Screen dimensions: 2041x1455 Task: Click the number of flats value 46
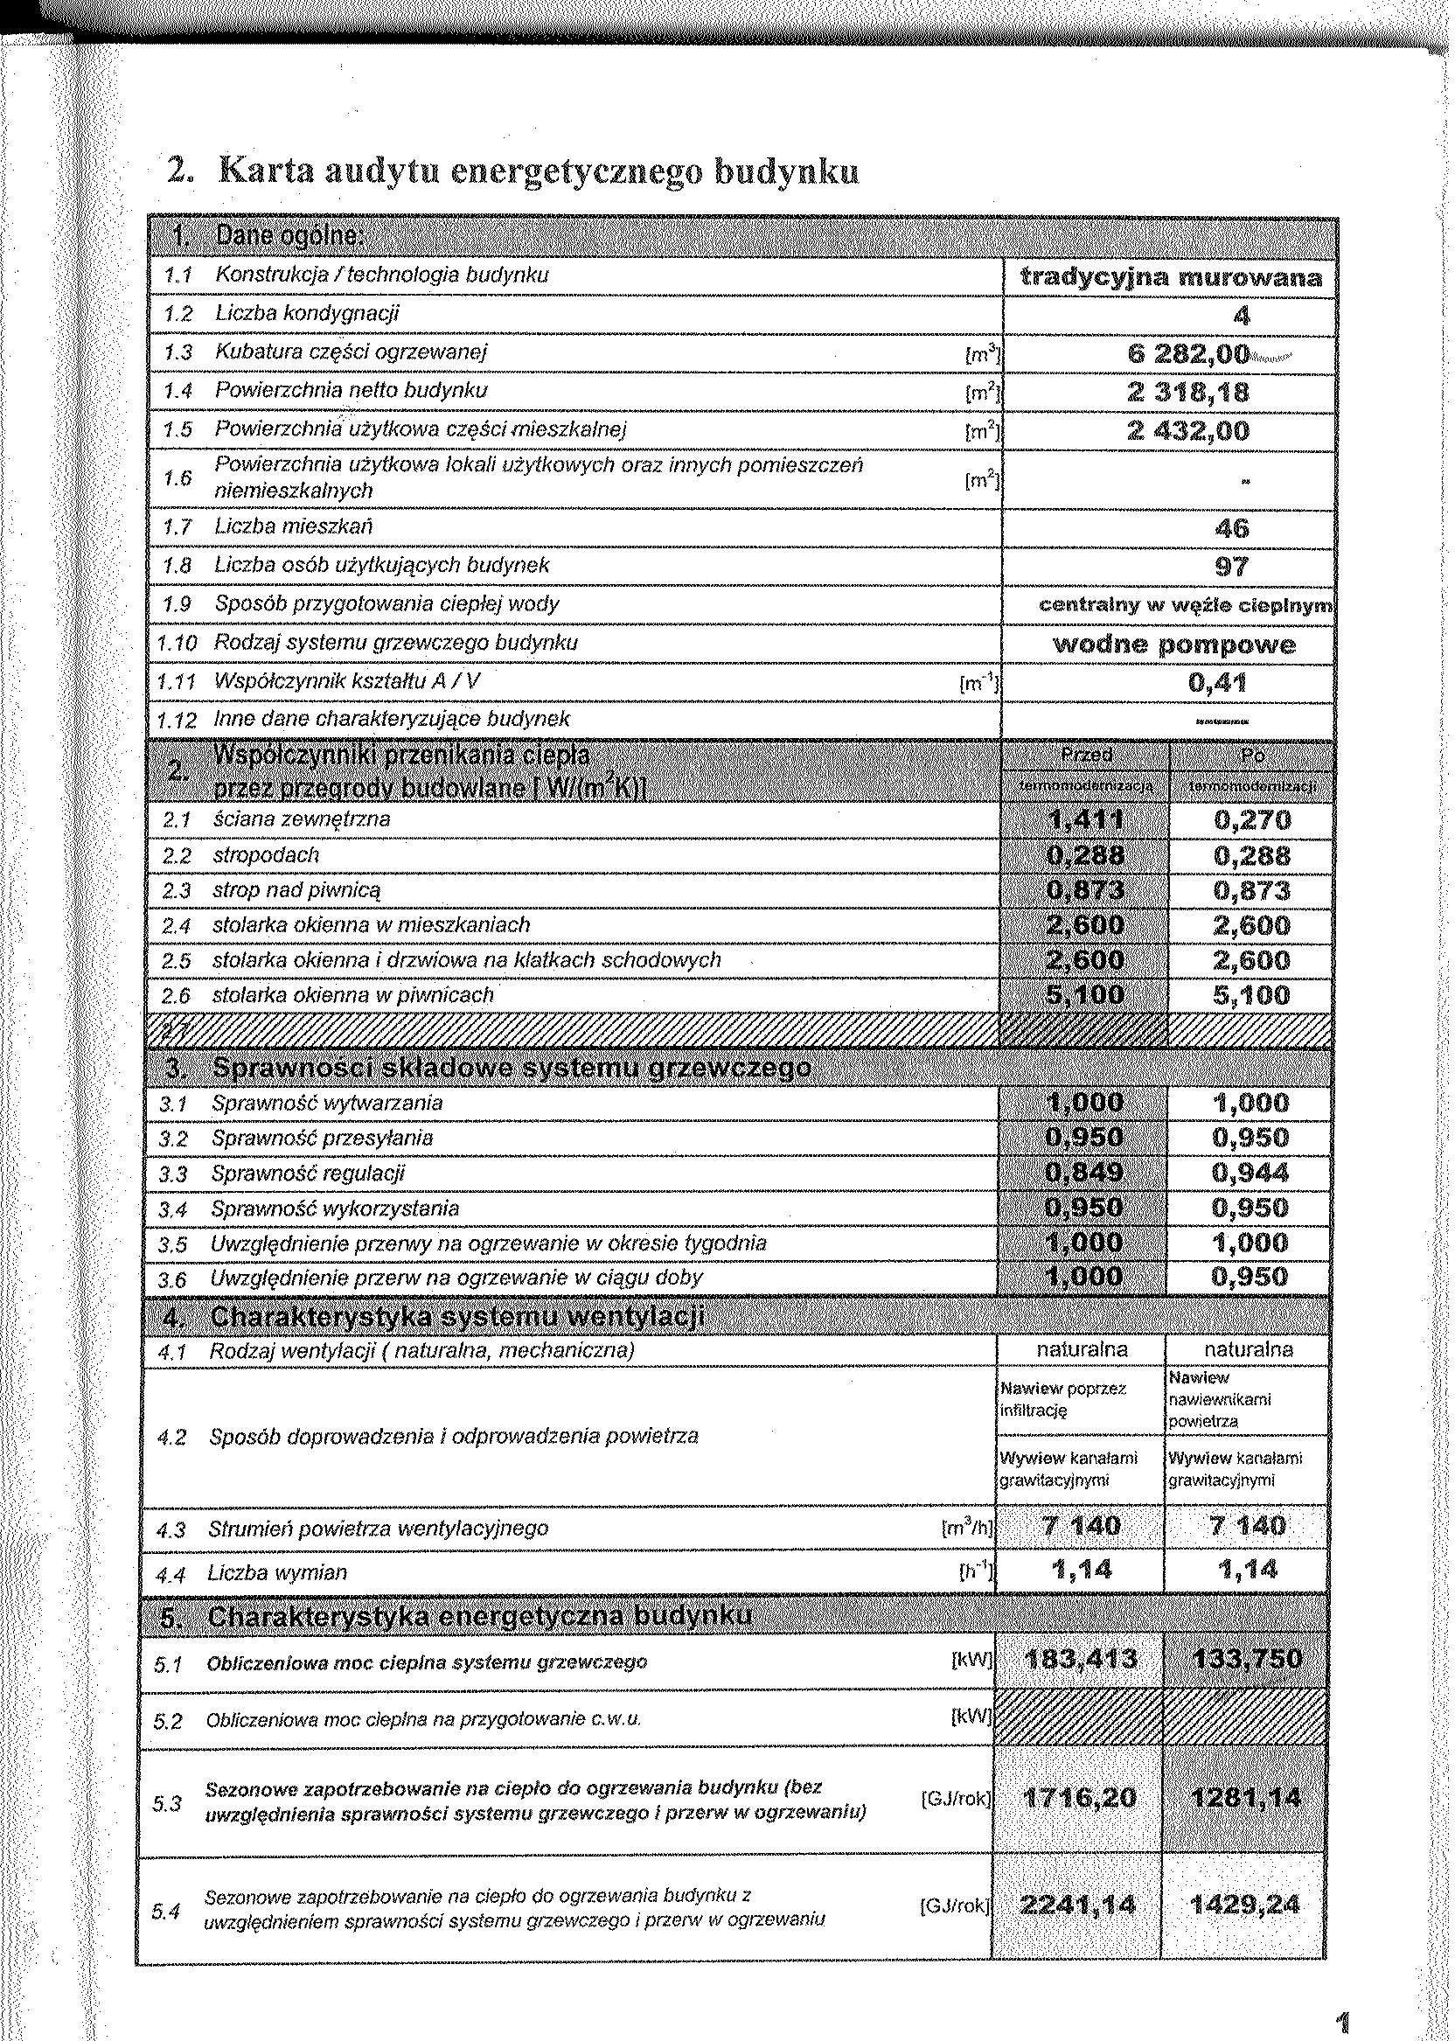click(x=1232, y=529)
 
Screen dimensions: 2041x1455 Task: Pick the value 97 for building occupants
click(x=1232, y=568)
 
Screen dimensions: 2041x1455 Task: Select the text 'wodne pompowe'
click(x=1173, y=645)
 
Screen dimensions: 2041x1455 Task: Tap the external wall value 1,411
click(x=1085, y=821)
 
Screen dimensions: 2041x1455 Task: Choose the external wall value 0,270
click(x=1252, y=821)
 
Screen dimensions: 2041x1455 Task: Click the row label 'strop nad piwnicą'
click(x=296, y=890)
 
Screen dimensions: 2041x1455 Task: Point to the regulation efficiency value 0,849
click(x=1084, y=1173)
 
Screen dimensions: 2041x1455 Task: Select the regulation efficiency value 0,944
click(x=1250, y=1173)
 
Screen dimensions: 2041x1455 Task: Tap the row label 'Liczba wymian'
click(x=277, y=1573)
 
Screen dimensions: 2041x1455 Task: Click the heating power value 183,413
click(x=1081, y=1660)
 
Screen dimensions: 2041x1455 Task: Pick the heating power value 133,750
click(x=1246, y=1660)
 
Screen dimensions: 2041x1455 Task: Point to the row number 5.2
click(x=168, y=1722)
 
